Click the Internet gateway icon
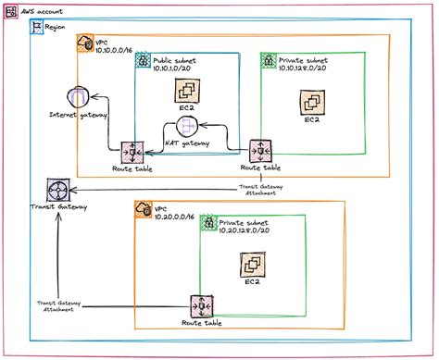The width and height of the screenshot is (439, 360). click(x=77, y=96)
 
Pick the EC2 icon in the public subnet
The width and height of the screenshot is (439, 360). click(x=188, y=91)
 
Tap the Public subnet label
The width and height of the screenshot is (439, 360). click(x=176, y=58)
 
